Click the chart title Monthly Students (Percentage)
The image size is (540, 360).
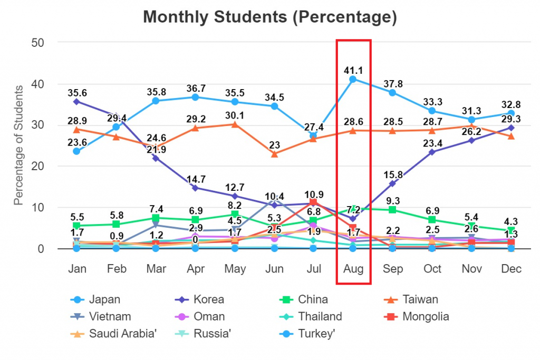coord(269,17)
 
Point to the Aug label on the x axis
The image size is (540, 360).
coord(353,269)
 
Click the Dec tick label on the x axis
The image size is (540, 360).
coord(511,269)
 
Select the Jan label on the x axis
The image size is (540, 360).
coord(77,269)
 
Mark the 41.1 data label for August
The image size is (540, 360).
coord(353,70)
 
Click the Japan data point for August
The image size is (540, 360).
coord(353,79)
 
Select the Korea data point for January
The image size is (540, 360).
coord(77,101)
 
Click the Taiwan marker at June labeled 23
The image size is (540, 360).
coord(274,154)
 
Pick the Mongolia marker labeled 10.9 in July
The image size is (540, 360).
coord(314,202)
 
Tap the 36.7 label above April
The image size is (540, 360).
coord(196,87)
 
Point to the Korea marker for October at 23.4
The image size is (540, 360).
coord(432,152)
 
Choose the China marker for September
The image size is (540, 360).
coord(393,210)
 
